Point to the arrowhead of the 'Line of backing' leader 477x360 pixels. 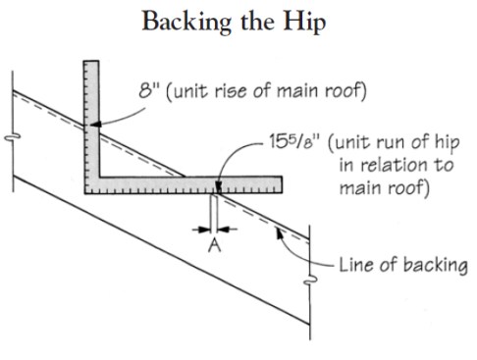pos(280,232)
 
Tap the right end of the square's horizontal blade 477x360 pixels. pos(281,183)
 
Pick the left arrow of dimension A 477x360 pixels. pos(199,231)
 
